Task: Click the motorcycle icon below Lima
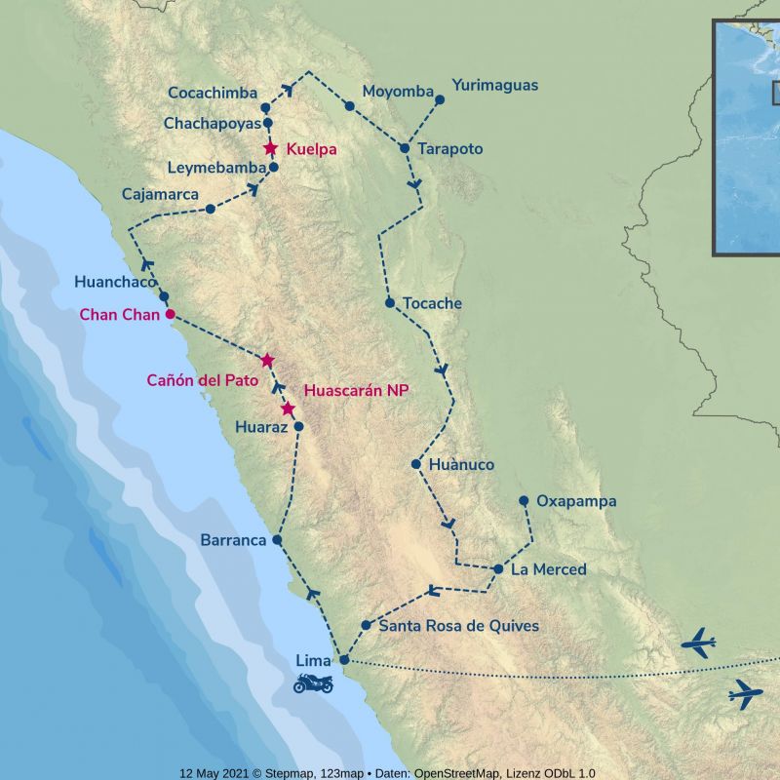coord(313,682)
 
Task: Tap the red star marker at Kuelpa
coord(271,149)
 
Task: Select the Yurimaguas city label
coord(495,86)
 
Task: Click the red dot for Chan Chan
coord(170,314)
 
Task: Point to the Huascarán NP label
coord(356,390)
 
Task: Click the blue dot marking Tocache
coord(390,303)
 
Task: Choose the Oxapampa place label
coord(576,501)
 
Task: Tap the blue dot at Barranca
coord(278,539)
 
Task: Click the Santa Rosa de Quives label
coord(458,626)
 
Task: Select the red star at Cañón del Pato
coord(267,361)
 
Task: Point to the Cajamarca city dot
coord(210,209)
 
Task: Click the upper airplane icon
coord(698,643)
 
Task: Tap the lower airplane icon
coord(745,694)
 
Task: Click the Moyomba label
coord(398,92)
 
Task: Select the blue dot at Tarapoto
coord(404,148)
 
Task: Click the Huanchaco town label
coord(115,282)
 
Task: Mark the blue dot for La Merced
coord(498,568)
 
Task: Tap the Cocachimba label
coord(214,93)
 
